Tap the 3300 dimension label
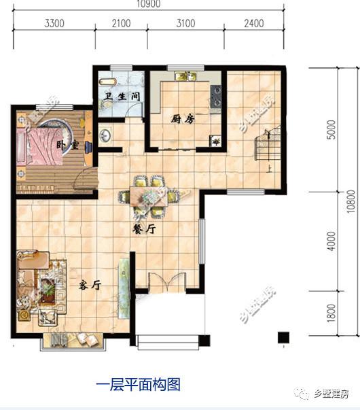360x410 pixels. [x=54, y=23]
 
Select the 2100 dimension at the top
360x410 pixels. [x=121, y=23]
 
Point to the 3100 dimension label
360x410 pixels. [x=185, y=23]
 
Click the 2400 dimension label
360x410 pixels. [x=253, y=23]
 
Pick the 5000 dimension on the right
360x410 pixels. [x=331, y=129]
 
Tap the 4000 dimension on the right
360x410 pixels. [x=331, y=241]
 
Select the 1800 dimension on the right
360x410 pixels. [x=331, y=312]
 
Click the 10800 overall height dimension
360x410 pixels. [x=351, y=201]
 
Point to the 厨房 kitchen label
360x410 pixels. [x=182, y=118]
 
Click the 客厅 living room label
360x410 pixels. [x=89, y=286]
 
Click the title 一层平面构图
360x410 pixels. [x=138, y=385]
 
